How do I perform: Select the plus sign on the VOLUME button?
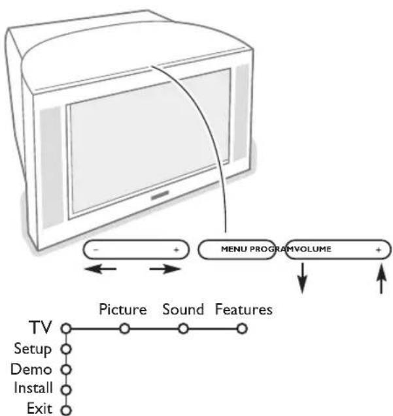[x=377, y=249]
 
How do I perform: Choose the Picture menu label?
[x=122, y=309]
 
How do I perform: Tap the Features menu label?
[x=243, y=309]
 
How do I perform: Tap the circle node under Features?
[x=243, y=328]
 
